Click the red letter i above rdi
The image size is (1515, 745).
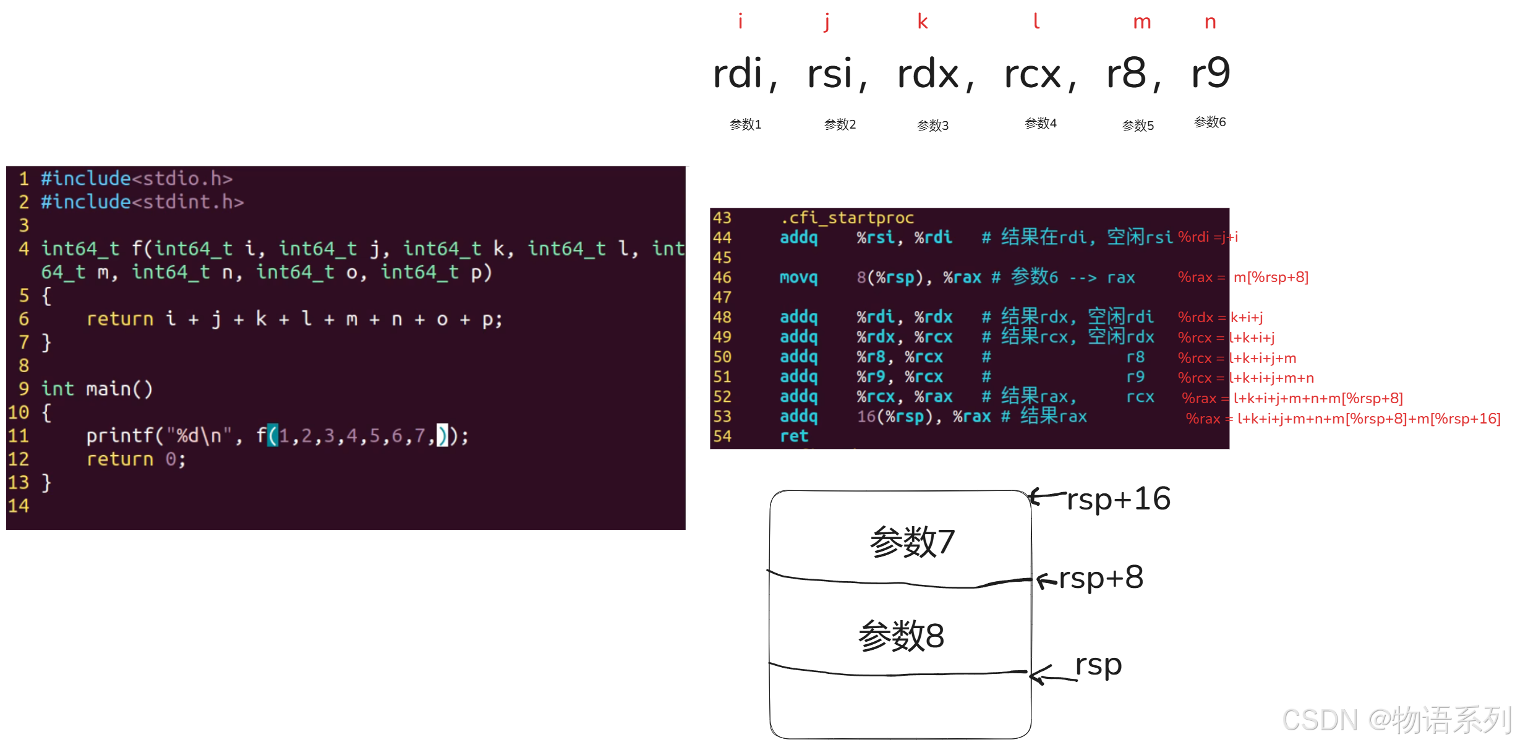tap(740, 22)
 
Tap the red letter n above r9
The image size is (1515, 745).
tap(1210, 23)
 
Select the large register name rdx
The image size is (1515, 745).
tap(928, 74)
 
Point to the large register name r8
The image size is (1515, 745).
tap(1126, 74)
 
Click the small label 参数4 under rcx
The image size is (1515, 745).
tap(1041, 123)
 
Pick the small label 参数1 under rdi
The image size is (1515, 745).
tap(745, 124)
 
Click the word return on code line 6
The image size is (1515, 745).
tap(120, 319)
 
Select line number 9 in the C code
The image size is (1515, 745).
tap(23, 389)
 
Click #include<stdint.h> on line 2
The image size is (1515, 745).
tap(142, 202)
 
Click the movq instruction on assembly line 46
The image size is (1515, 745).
tap(798, 278)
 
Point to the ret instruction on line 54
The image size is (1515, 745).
tap(793, 436)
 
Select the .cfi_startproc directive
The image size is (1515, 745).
tap(847, 218)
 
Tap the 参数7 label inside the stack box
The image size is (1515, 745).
tap(912, 542)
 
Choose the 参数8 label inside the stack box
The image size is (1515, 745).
tap(901, 636)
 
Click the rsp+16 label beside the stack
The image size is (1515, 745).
tap(1118, 499)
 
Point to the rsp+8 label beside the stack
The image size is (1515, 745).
tap(1101, 578)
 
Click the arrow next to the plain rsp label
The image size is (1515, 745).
tap(1045, 675)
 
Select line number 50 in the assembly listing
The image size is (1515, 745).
tap(722, 357)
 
